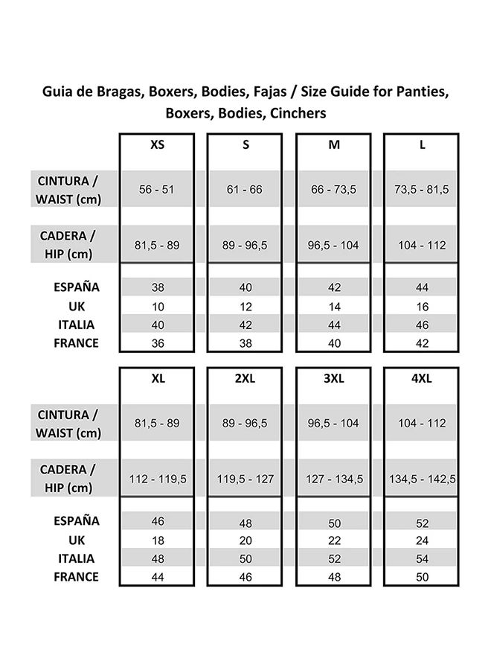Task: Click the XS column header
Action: click(157, 145)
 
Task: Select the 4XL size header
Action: click(422, 378)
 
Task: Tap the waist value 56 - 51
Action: click(156, 190)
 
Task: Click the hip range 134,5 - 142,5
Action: click(423, 479)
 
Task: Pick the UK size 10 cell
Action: click(156, 306)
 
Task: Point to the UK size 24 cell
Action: click(422, 540)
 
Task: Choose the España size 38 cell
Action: click(156, 287)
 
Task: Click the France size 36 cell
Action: click(156, 343)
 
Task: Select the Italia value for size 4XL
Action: click(422, 559)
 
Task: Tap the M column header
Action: click(334, 145)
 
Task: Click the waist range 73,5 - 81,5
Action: click(422, 190)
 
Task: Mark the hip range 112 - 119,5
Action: click(156, 479)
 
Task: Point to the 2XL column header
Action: click(245, 378)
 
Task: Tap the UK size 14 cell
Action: click(334, 306)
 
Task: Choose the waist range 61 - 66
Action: click(245, 190)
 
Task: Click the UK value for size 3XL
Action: click(334, 540)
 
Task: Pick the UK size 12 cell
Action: click(245, 306)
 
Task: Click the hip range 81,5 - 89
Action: click(156, 245)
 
